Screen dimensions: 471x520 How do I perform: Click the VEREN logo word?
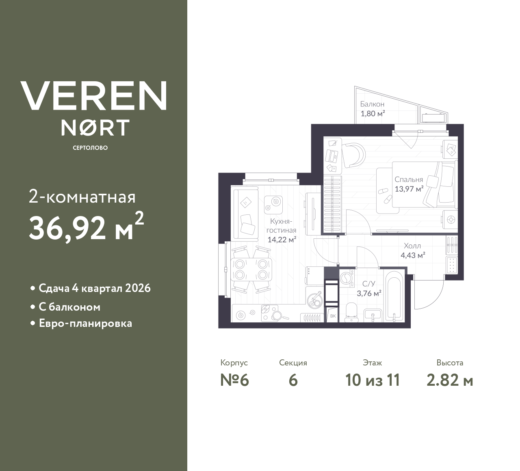point(94,96)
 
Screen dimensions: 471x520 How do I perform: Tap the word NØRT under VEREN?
point(95,127)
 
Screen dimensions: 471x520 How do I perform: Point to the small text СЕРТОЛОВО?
point(90,148)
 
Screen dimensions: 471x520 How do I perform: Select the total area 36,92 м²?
point(86,227)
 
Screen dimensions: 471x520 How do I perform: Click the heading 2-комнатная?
point(82,197)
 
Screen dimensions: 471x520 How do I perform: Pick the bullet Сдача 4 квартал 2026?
point(94,288)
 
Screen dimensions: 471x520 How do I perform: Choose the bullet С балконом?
point(69,307)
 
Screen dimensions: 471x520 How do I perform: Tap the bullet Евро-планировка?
point(85,324)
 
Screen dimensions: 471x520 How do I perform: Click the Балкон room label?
point(372,104)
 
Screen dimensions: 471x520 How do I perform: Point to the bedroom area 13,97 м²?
point(409,188)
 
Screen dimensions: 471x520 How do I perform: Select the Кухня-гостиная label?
point(281,226)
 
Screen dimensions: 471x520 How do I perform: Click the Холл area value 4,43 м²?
point(413,255)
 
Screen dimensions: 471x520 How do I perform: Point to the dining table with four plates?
point(251,269)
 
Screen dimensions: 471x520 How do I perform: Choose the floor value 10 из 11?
point(372,380)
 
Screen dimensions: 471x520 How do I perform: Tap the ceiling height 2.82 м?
point(450,380)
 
